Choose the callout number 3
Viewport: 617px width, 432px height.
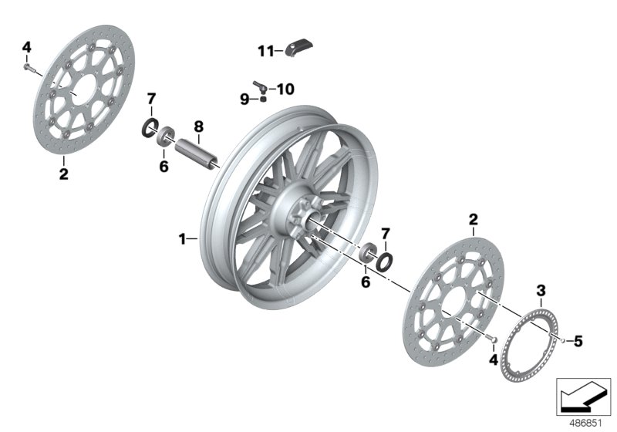(541, 290)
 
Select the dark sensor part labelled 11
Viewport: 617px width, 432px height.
(298, 49)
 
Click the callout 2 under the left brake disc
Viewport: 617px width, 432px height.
(63, 174)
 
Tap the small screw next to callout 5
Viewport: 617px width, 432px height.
(564, 339)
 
